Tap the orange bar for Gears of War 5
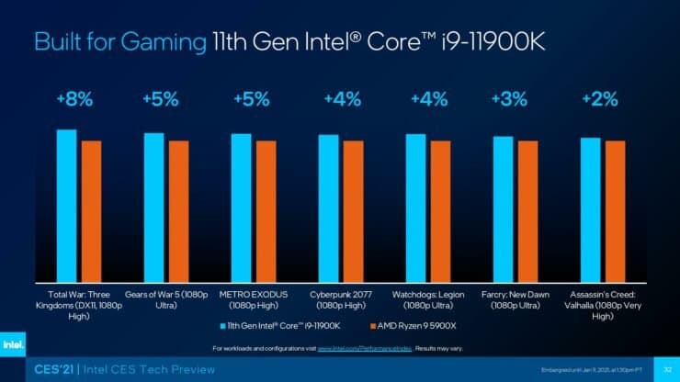click(x=178, y=211)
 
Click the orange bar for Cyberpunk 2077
click(x=353, y=211)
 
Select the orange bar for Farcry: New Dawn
click(x=527, y=211)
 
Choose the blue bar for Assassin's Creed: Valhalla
click(x=590, y=209)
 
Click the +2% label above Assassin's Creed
click(x=600, y=99)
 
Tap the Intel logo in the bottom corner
click(x=14, y=344)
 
